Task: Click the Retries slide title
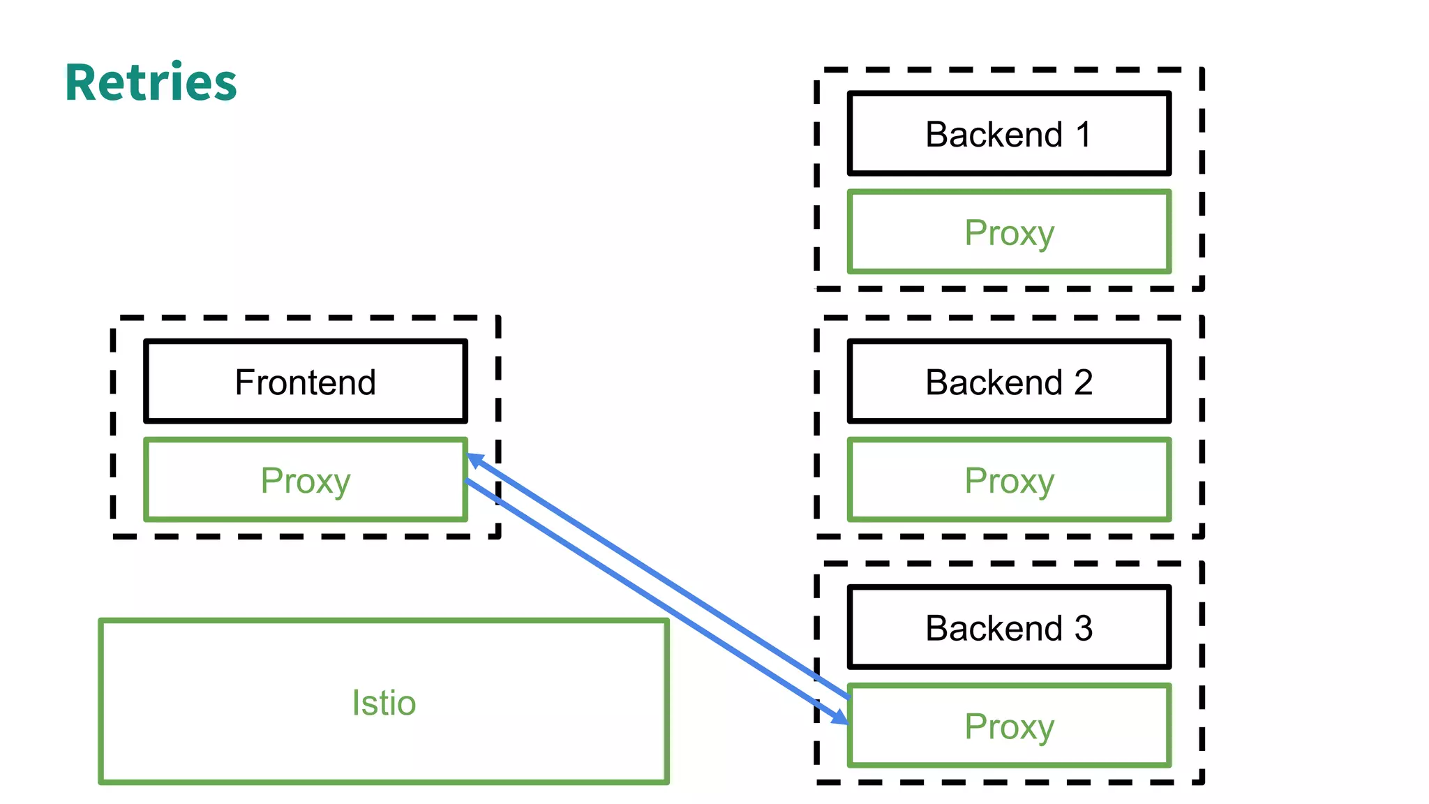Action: [151, 83]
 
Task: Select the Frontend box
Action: [306, 382]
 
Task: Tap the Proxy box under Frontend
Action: [306, 480]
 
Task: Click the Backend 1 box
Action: [1009, 133]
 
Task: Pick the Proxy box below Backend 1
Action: [1009, 232]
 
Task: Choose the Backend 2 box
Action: [1009, 382]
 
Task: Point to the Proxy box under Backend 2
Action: [1009, 480]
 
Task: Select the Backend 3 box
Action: [1009, 627]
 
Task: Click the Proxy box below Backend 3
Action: [1009, 726]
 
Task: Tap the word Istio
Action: [384, 702]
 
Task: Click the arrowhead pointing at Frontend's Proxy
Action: [475, 460]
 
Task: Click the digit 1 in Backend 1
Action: [1083, 134]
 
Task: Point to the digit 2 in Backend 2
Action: [1083, 382]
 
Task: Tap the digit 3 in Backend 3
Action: [1083, 628]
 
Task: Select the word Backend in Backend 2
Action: [994, 382]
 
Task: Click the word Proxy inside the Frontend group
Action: [306, 482]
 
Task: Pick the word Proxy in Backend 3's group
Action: [1009, 727]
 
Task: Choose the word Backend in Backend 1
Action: [994, 134]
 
